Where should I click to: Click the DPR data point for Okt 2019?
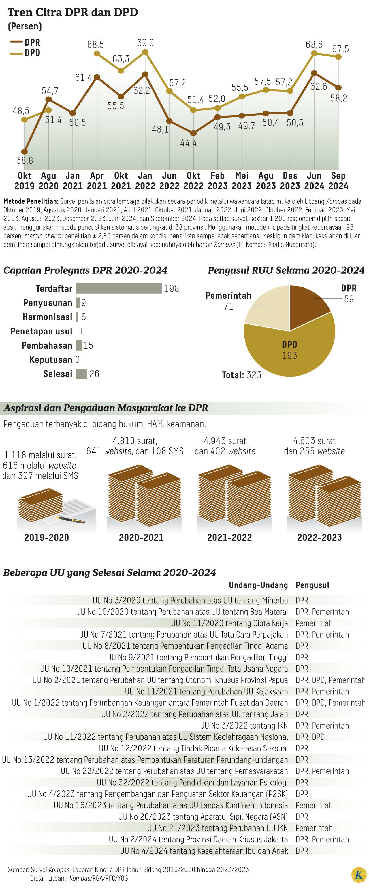24,152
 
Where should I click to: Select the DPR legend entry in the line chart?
25,42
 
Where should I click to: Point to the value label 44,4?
188,143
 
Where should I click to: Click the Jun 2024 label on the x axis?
314,181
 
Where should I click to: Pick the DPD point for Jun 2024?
314,53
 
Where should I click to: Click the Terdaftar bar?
118,288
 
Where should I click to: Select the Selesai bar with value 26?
81,374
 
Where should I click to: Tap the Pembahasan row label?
47,345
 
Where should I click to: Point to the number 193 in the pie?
289,355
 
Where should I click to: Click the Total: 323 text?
242,375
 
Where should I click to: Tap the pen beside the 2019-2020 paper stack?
71,519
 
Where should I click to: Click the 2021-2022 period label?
229,537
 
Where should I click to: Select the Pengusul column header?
312,585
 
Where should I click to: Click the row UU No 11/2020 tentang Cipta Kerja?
229,623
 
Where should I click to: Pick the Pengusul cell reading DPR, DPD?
310,737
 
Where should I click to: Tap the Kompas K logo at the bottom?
359,875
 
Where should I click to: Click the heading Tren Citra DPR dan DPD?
73,12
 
